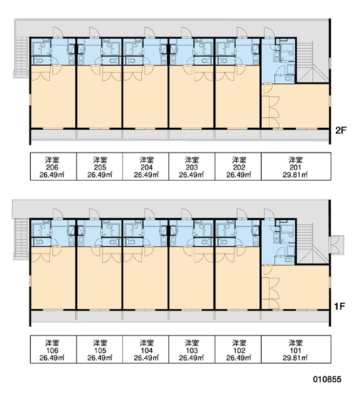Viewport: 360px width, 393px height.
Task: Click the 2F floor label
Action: (x=340, y=130)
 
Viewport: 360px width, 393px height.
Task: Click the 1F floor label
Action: (x=340, y=306)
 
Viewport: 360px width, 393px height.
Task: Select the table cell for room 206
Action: (x=54, y=166)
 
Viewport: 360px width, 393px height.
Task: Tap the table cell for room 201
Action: (x=296, y=166)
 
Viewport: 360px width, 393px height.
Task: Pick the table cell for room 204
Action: (x=146, y=166)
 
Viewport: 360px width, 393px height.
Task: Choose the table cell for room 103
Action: (x=192, y=349)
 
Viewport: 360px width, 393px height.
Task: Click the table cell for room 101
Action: (x=296, y=349)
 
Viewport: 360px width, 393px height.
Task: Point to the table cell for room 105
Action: (x=99, y=349)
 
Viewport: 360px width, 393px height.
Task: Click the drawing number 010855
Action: (x=327, y=379)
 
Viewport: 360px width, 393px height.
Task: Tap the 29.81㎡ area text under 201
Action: (x=295, y=175)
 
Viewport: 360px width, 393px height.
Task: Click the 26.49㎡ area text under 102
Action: (x=239, y=358)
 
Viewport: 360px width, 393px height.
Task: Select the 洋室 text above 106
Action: (x=52, y=343)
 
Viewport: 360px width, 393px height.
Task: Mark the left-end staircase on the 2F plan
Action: (x=21, y=56)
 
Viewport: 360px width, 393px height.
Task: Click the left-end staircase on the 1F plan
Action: (x=21, y=238)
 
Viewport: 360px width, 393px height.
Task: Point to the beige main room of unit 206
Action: (x=53, y=96)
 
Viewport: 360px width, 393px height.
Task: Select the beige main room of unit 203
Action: (x=192, y=96)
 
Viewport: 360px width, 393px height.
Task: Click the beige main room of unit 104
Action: (x=145, y=278)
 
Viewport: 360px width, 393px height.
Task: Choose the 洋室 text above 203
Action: (x=192, y=159)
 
